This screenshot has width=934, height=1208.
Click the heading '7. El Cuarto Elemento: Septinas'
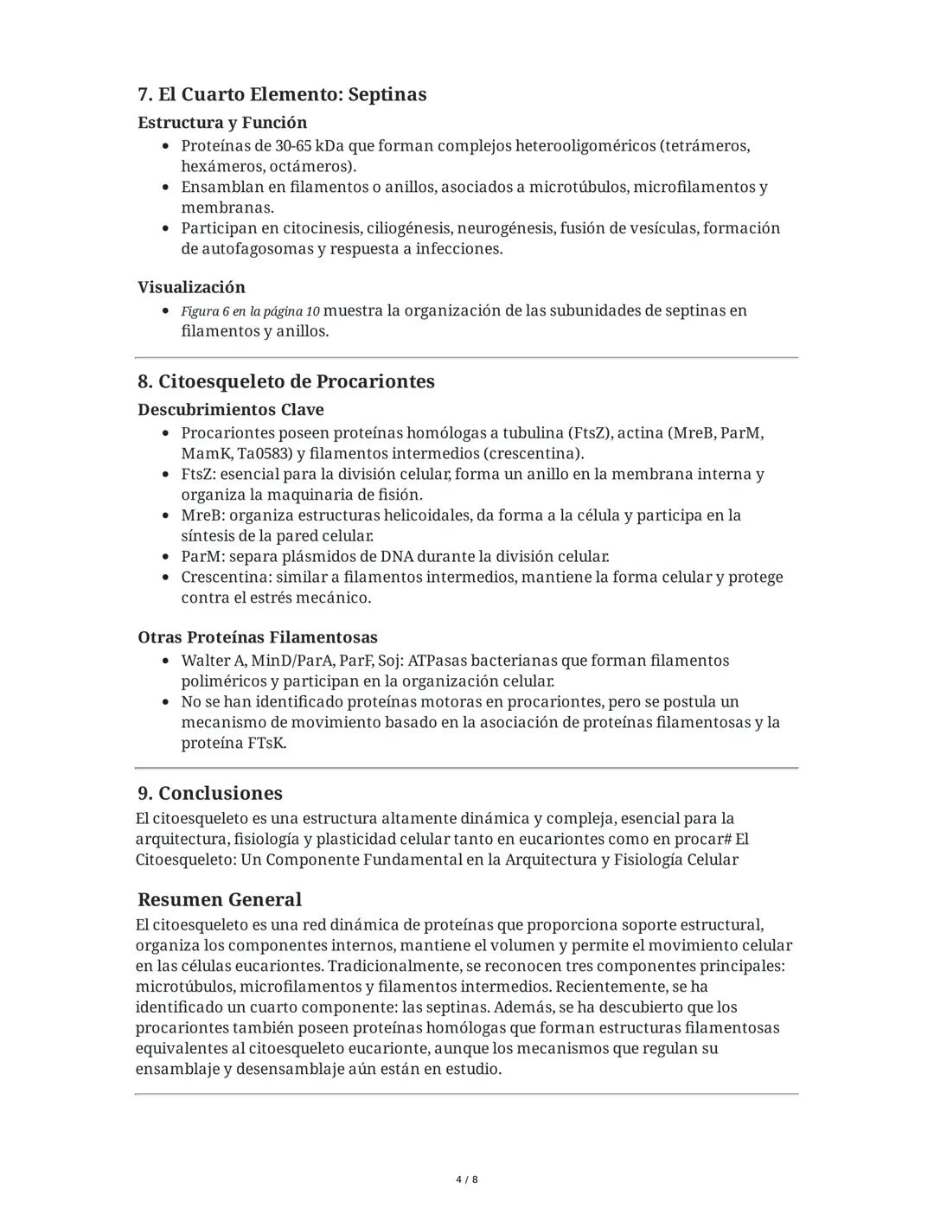pos(282,94)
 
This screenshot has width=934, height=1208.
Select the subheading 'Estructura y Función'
pos(222,123)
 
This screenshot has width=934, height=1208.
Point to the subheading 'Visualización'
pos(191,287)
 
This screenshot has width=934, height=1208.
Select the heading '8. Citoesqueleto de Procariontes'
pos(285,381)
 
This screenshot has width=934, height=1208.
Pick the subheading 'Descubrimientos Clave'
pos(231,410)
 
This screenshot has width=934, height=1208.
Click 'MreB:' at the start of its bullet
pos(202,516)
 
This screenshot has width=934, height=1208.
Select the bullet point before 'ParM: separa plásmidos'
pos(166,558)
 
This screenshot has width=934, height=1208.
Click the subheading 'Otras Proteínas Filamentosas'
pos(258,638)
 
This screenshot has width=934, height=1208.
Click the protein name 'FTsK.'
pos(266,744)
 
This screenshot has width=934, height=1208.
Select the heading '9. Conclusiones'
pos(210,793)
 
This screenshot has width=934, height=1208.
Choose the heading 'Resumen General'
pos(220,899)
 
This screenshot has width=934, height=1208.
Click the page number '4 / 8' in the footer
pos(467,1179)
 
